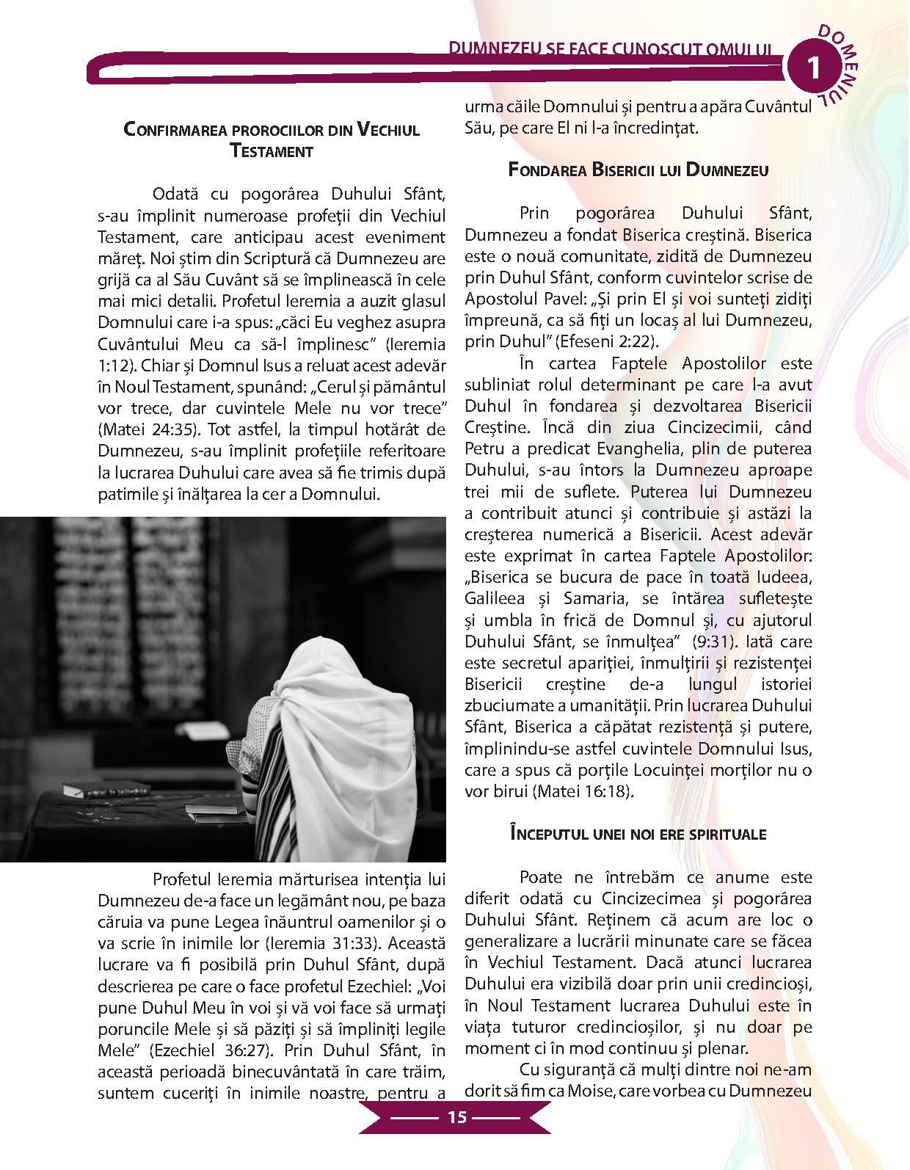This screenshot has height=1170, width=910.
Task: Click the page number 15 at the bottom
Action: tap(456, 1118)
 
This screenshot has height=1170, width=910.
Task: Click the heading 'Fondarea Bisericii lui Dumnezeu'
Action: tap(638, 170)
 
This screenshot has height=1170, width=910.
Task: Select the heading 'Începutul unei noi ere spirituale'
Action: tap(638, 834)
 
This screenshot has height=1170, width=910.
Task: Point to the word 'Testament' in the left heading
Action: tap(272, 152)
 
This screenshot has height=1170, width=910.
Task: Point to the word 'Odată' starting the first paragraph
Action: tap(175, 195)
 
